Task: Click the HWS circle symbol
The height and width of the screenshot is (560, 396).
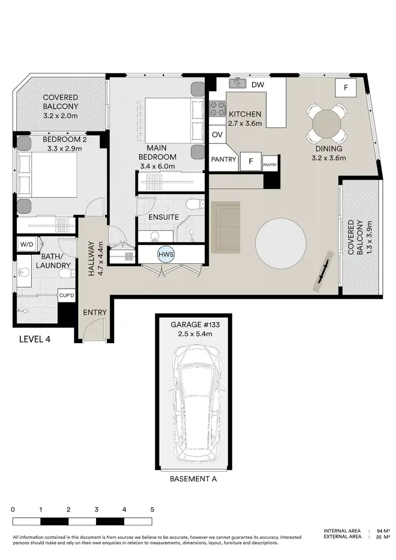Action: pyautogui.click(x=165, y=254)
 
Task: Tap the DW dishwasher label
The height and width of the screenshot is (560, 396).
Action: pyautogui.click(x=257, y=84)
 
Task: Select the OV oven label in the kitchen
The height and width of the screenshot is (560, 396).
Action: pyautogui.click(x=217, y=135)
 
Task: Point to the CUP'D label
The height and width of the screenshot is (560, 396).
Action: pyautogui.click(x=65, y=296)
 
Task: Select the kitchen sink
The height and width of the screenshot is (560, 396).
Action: pyautogui.click(x=238, y=83)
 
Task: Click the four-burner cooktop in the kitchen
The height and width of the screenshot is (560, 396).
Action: pyautogui.click(x=216, y=109)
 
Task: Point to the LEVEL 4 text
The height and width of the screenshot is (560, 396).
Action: pyautogui.click(x=35, y=339)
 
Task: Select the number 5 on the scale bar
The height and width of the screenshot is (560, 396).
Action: pyautogui.click(x=152, y=510)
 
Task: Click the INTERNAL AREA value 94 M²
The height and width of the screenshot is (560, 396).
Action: pyautogui.click(x=382, y=531)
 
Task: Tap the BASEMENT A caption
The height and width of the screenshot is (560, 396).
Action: pyautogui.click(x=193, y=480)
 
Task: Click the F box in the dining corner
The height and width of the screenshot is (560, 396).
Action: pyautogui.click(x=346, y=88)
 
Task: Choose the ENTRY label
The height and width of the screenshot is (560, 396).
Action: pyautogui.click(x=95, y=312)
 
